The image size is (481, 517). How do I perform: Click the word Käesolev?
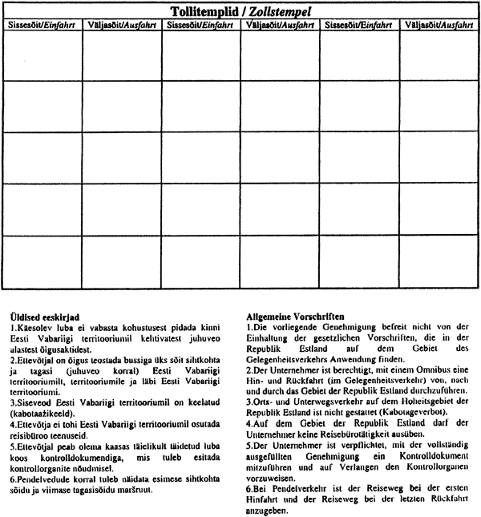click(x=34, y=329)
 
